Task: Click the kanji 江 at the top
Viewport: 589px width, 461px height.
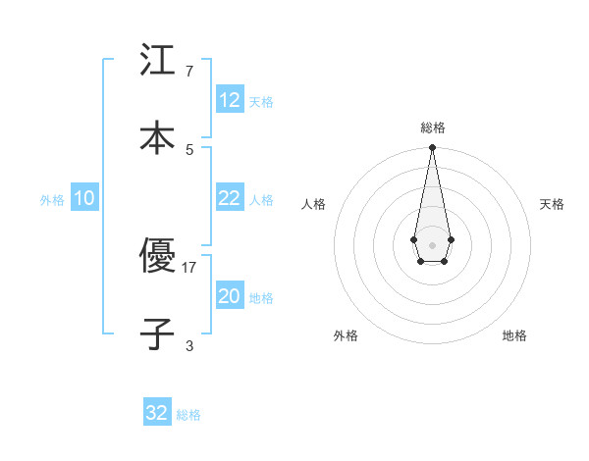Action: click(157, 60)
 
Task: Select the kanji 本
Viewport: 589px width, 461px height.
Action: click(157, 137)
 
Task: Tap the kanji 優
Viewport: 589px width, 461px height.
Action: click(157, 256)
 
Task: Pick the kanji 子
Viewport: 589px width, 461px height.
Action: click(157, 333)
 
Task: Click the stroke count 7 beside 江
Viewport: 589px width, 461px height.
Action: click(189, 72)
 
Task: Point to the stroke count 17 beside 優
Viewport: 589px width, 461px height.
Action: click(189, 267)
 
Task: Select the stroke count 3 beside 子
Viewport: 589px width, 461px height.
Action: click(189, 345)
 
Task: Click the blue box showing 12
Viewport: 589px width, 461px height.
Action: click(230, 99)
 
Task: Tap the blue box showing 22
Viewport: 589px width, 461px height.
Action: click(230, 198)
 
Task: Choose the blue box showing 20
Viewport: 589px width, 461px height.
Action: click(230, 296)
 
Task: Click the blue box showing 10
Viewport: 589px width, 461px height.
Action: click(84, 198)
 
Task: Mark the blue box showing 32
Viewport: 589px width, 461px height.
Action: click(157, 413)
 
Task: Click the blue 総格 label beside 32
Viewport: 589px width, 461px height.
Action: click(188, 415)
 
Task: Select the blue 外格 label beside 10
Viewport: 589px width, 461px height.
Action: click(52, 200)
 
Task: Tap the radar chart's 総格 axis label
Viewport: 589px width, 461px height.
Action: click(433, 128)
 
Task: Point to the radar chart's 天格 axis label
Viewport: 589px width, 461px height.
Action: click(552, 204)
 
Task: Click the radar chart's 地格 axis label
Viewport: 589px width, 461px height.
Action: click(514, 335)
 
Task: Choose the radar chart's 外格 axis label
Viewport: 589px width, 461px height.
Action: click(346, 335)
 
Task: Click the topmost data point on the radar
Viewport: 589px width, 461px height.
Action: click(432, 147)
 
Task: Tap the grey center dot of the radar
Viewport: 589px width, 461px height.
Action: click(432, 243)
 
